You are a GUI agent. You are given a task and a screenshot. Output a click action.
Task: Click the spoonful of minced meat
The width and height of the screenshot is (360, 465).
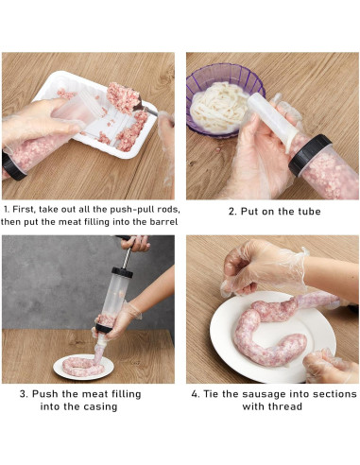(x=122, y=97)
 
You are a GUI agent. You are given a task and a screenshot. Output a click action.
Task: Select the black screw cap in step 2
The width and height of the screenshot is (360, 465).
(x=310, y=155)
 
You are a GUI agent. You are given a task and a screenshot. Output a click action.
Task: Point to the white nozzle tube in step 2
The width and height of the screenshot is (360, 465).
(x=272, y=120)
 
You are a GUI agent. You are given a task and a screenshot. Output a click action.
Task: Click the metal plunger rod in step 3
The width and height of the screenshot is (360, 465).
(x=127, y=257)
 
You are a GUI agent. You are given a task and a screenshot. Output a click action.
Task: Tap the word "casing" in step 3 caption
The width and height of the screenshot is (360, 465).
(x=100, y=406)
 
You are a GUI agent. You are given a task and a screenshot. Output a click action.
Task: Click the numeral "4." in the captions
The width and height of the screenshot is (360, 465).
(x=196, y=394)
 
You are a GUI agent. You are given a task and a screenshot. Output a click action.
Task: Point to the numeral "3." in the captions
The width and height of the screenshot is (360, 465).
(x=24, y=394)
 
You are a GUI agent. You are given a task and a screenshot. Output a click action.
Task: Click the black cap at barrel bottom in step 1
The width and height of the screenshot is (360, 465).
(x=12, y=166)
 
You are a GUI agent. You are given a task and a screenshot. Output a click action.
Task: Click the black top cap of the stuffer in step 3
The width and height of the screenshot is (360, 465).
(x=122, y=272)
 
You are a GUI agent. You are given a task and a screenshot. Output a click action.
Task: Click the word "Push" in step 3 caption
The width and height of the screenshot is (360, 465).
(x=45, y=394)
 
